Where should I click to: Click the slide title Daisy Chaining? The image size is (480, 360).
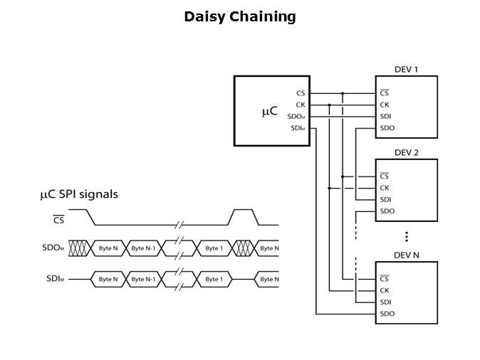click(x=239, y=16)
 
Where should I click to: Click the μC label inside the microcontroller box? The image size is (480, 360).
click(x=269, y=111)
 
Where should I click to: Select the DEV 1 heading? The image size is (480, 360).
click(x=406, y=70)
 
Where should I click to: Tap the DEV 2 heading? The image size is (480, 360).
click(x=406, y=152)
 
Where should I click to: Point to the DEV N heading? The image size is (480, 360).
click(x=406, y=255)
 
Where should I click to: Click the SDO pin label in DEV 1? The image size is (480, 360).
click(x=387, y=128)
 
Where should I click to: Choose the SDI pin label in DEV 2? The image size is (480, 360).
click(x=385, y=199)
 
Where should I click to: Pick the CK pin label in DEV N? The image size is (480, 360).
click(x=385, y=290)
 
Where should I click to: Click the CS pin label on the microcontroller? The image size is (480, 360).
click(x=301, y=93)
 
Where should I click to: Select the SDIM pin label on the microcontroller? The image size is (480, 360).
click(x=298, y=128)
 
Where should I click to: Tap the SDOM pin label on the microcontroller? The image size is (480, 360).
click(x=296, y=117)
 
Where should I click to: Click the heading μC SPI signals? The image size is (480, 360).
click(x=79, y=194)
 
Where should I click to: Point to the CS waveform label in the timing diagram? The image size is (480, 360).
click(x=58, y=220)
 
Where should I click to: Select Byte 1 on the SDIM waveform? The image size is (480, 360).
click(x=212, y=279)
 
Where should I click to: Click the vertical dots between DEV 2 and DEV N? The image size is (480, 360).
click(x=406, y=236)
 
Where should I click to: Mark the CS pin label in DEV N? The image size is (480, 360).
click(x=385, y=279)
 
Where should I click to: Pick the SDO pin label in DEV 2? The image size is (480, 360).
click(x=387, y=211)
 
